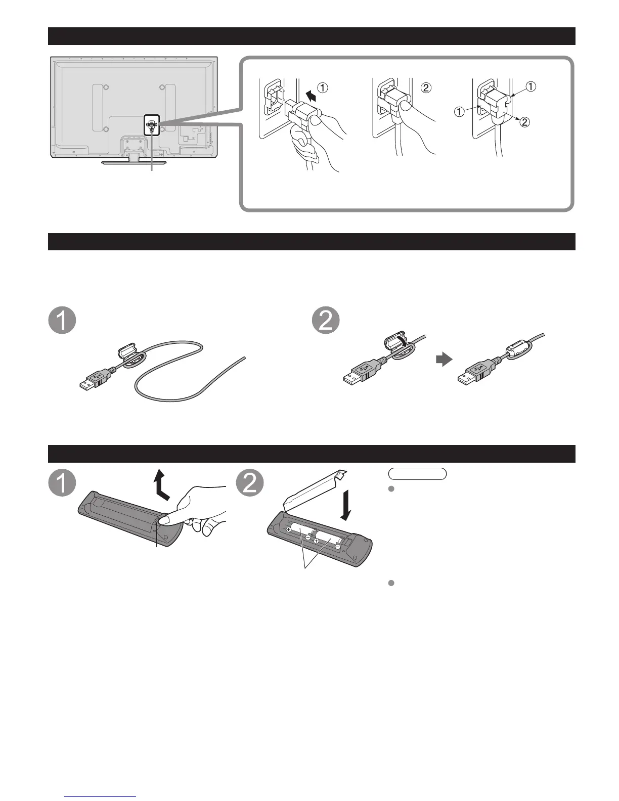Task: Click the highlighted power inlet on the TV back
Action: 151,122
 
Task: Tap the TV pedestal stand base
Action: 134,162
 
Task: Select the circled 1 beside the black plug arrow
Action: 323,88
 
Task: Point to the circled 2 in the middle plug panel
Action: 426,88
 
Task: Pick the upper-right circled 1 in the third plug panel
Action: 530,86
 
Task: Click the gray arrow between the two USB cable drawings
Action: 443,360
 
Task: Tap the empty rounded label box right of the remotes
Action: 418,473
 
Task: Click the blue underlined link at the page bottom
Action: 101,796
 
